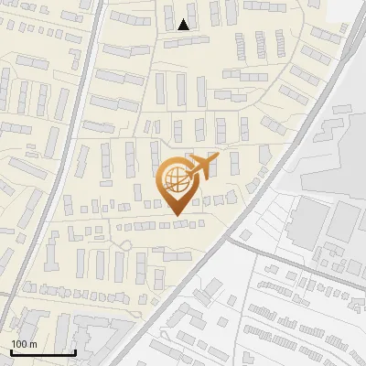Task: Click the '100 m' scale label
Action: [24, 343]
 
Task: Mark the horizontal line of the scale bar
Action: [43, 352]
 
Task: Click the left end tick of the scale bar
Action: [12, 350]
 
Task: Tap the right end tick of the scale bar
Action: [75, 350]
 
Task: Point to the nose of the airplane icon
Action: [218, 156]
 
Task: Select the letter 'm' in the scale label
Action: [33, 343]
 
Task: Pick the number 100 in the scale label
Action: [19, 343]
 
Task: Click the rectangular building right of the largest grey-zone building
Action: [346, 222]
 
